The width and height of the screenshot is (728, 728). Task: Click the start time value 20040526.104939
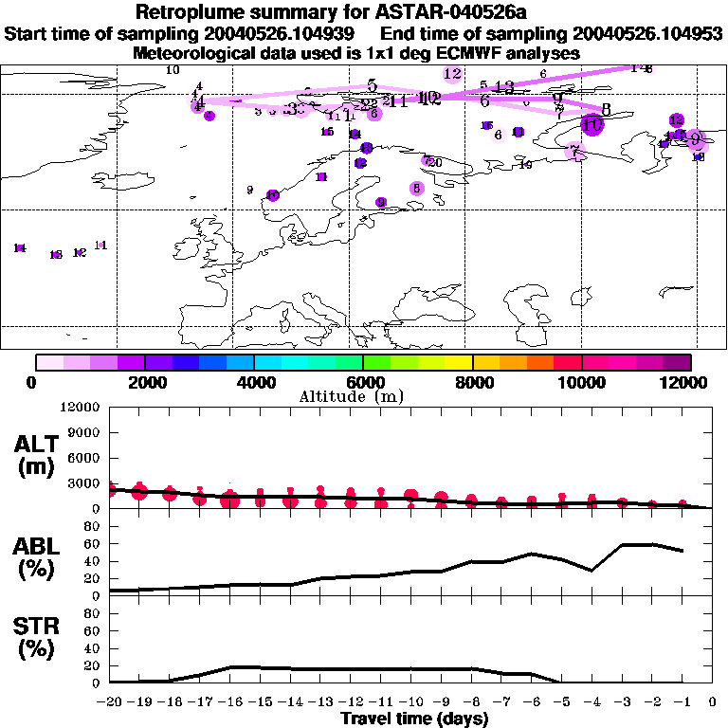pyautogui.click(x=281, y=34)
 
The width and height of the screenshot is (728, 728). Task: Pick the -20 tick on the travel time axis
pyautogui.click(x=110, y=702)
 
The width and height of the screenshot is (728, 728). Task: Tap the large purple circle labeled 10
pyautogui.click(x=592, y=124)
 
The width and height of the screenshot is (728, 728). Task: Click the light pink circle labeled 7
pyautogui.click(x=573, y=152)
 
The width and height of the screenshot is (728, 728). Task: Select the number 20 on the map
pyautogui.click(x=436, y=163)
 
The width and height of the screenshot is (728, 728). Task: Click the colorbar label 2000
pyautogui.click(x=144, y=382)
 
